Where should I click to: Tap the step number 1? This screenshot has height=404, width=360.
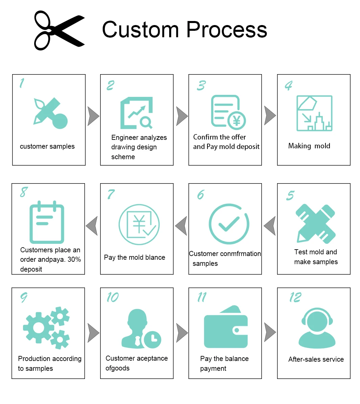(x=22, y=83)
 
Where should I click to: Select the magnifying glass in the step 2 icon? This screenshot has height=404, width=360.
(x=146, y=122)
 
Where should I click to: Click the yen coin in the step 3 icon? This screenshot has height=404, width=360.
(x=237, y=121)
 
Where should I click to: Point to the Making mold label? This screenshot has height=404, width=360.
(x=309, y=146)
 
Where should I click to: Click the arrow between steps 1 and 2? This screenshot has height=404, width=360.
(x=93, y=116)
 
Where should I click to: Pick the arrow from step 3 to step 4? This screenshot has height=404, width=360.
(x=270, y=116)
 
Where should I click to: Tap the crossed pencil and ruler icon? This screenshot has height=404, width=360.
(x=315, y=223)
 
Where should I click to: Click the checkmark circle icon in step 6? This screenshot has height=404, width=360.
(x=229, y=224)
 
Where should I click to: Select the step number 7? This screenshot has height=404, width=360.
(x=111, y=194)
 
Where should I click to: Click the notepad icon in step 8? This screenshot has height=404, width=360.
(x=47, y=222)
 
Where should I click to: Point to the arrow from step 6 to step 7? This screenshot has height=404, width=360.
(x=181, y=226)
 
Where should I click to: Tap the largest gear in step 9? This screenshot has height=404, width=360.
(x=39, y=327)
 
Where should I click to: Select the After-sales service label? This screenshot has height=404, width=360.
(x=316, y=359)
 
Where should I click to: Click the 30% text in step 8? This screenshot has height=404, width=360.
(x=74, y=260)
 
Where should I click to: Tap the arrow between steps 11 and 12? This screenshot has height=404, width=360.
(x=270, y=333)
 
